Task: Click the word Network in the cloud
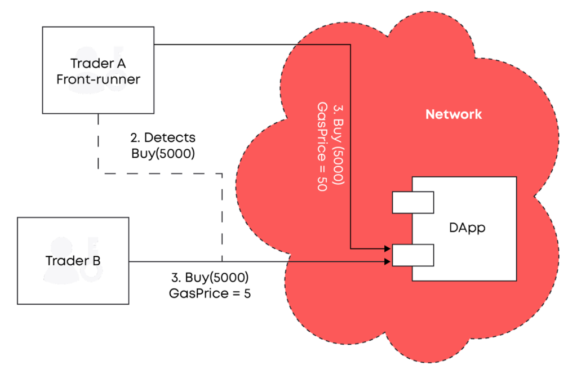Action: pyautogui.click(x=454, y=114)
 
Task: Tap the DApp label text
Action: pyautogui.click(x=467, y=228)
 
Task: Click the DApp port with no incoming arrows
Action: pyautogui.click(x=412, y=202)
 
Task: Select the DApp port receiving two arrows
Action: pyautogui.click(x=412, y=255)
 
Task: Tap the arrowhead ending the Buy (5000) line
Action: pyautogui.click(x=388, y=248)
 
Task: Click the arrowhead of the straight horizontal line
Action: pyautogui.click(x=388, y=261)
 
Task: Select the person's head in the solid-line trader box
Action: pyautogui.click(x=61, y=248)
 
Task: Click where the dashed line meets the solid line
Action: pyautogui.click(x=222, y=261)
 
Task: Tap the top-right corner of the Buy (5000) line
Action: pyautogui.click(x=351, y=44)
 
